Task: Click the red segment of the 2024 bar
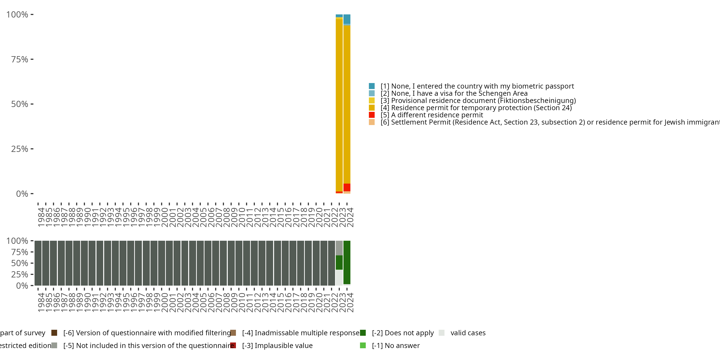pyautogui.click(x=347, y=187)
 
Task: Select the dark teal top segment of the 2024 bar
pyautogui.click(x=347, y=19)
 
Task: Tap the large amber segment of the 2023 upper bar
pyautogui.click(x=339, y=105)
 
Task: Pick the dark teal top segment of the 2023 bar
pyautogui.click(x=339, y=16)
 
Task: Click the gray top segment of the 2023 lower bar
pyautogui.click(x=339, y=248)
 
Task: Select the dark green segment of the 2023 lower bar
pyautogui.click(x=339, y=263)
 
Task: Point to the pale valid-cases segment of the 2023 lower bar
pyautogui.click(x=339, y=277)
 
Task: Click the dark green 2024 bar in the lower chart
pyautogui.click(x=347, y=263)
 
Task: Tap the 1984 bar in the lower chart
pyautogui.click(x=38, y=263)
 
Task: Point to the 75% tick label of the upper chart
pyautogui.click(x=20, y=59)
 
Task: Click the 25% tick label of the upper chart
pyautogui.click(x=20, y=149)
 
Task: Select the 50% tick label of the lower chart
pyautogui.click(x=20, y=263)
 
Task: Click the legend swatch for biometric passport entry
pyautogui.click(x=372, y=86)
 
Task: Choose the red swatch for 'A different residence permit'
pyautogui.click(x=372, y=115)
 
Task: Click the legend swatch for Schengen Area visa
pyautogui.click(x=372, y=93)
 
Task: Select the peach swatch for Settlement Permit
pyautogui.click(x=372, y=122)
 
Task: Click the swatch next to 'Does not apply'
pyautogui.click(x=363, y=333)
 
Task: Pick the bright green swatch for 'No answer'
pyautogui.click(x=363, y=345)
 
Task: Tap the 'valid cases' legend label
pyautogui.click(x=468, y=333)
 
